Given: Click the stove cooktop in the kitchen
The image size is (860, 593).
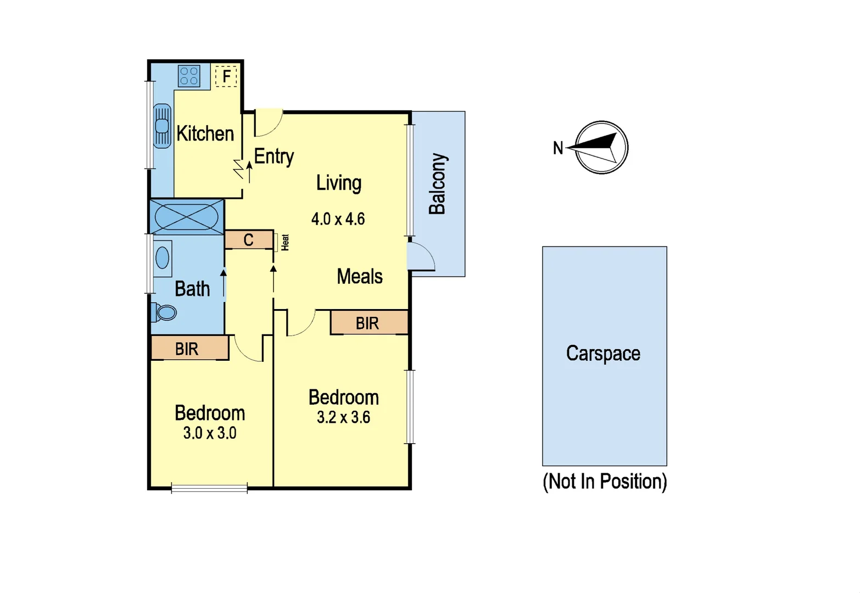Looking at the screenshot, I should click(189, 76).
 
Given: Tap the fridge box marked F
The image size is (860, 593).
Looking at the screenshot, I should click(226, 76).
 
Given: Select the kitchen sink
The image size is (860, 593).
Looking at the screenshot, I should click(162, 126).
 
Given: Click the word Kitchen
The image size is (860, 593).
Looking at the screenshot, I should click(205, 133).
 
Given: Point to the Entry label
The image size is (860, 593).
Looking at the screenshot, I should click(273, 156).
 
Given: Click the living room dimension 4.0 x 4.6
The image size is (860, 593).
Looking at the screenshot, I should click(338, 219).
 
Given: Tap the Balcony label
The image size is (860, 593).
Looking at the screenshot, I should click(438, 184).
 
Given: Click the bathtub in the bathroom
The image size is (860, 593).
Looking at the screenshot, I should click(186, 216).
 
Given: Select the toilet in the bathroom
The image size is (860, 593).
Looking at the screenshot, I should click(166, 312).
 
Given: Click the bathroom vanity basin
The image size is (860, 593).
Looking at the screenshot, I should click(163, 258).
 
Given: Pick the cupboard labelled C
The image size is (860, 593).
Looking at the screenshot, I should click(249, 240).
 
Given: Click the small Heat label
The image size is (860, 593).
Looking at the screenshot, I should click(285, 242).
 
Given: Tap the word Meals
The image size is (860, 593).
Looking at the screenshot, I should click(359, 276).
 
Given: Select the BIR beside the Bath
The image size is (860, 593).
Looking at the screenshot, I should click(187, 349).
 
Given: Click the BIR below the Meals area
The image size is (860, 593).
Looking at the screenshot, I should click(367, 323).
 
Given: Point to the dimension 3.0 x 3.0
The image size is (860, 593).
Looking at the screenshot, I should click(210, 433).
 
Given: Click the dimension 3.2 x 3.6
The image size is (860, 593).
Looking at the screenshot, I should click(343, 417).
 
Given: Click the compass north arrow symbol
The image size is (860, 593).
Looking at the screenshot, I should click(601, 148).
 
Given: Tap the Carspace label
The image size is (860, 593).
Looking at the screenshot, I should click(603, 354).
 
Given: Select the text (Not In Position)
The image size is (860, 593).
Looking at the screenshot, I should click(605, 482).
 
